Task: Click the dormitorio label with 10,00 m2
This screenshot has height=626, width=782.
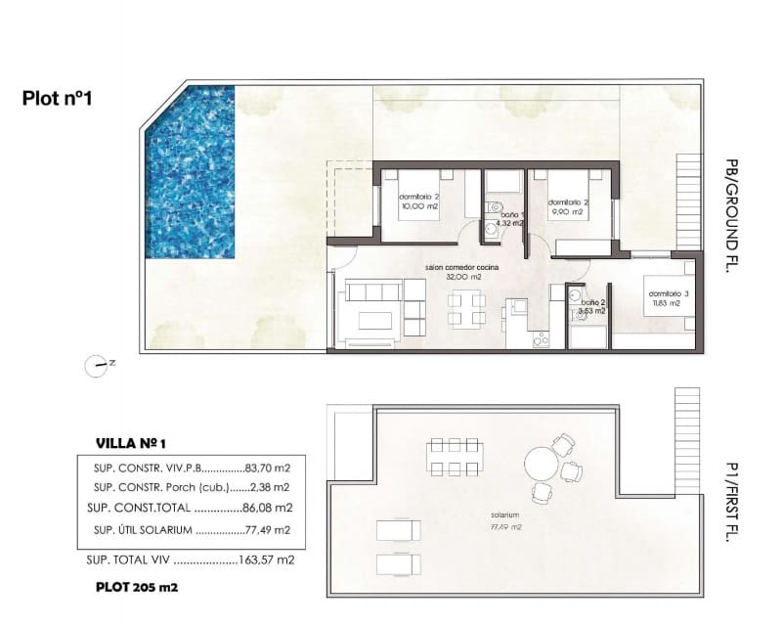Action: click(417, 201)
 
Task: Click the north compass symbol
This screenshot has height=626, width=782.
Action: click(98, 366)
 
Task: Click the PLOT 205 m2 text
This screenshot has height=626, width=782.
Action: click(137, 588)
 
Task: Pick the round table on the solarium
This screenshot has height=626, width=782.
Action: click(540, 465)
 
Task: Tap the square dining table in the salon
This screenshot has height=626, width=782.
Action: click(465, 308)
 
